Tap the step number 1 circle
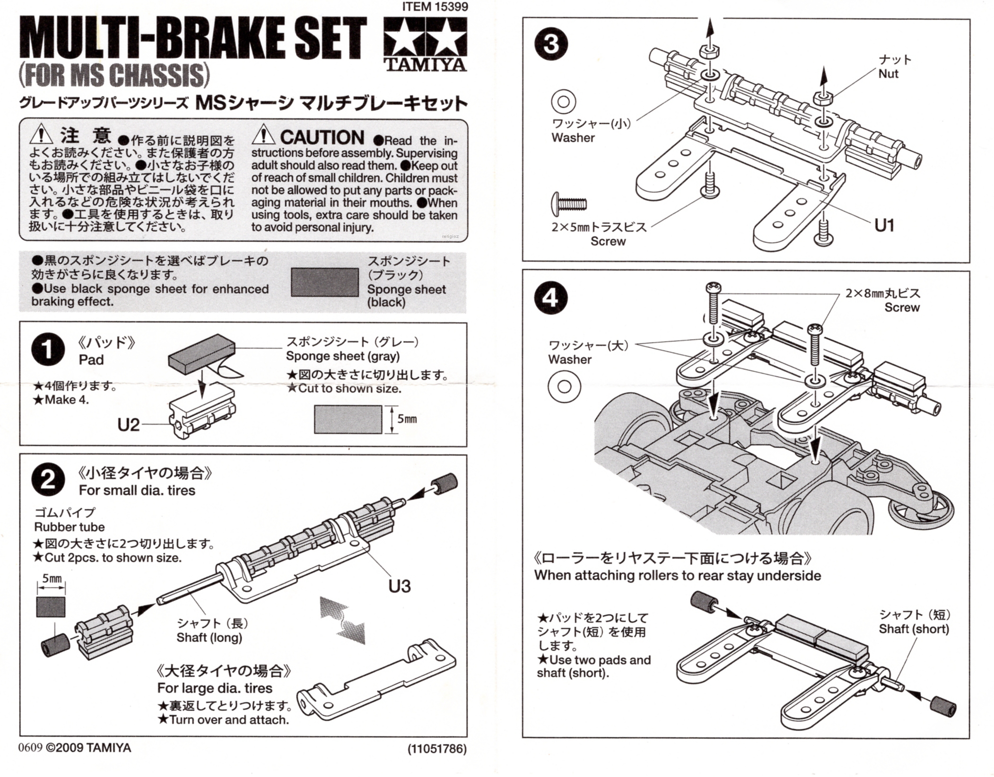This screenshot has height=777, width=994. (x=48, y=350)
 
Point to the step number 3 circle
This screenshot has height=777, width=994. (x=550, y=45)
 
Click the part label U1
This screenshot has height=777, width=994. (x=884, y=226)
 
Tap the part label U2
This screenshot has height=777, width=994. (x=128, y=425)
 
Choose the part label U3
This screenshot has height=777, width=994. (x=399, y=586)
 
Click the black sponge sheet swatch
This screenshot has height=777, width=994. (x=324, y=282)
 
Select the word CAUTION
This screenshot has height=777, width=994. (x=322, y=138)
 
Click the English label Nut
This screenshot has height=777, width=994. (x=888, y=74)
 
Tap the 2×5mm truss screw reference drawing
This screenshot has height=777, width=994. (x=569, y=204)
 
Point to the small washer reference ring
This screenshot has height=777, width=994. (x=563, y=101)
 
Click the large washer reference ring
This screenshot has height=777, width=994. (x=564, y=386)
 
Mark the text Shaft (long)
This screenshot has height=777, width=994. (x=209, y=637)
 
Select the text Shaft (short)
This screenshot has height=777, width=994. (x=914, y=629)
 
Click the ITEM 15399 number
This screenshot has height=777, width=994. (x=435, y=7)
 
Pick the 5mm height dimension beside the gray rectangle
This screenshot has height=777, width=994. (x=407, y=419)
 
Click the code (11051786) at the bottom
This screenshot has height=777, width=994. (x=436, y=749)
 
